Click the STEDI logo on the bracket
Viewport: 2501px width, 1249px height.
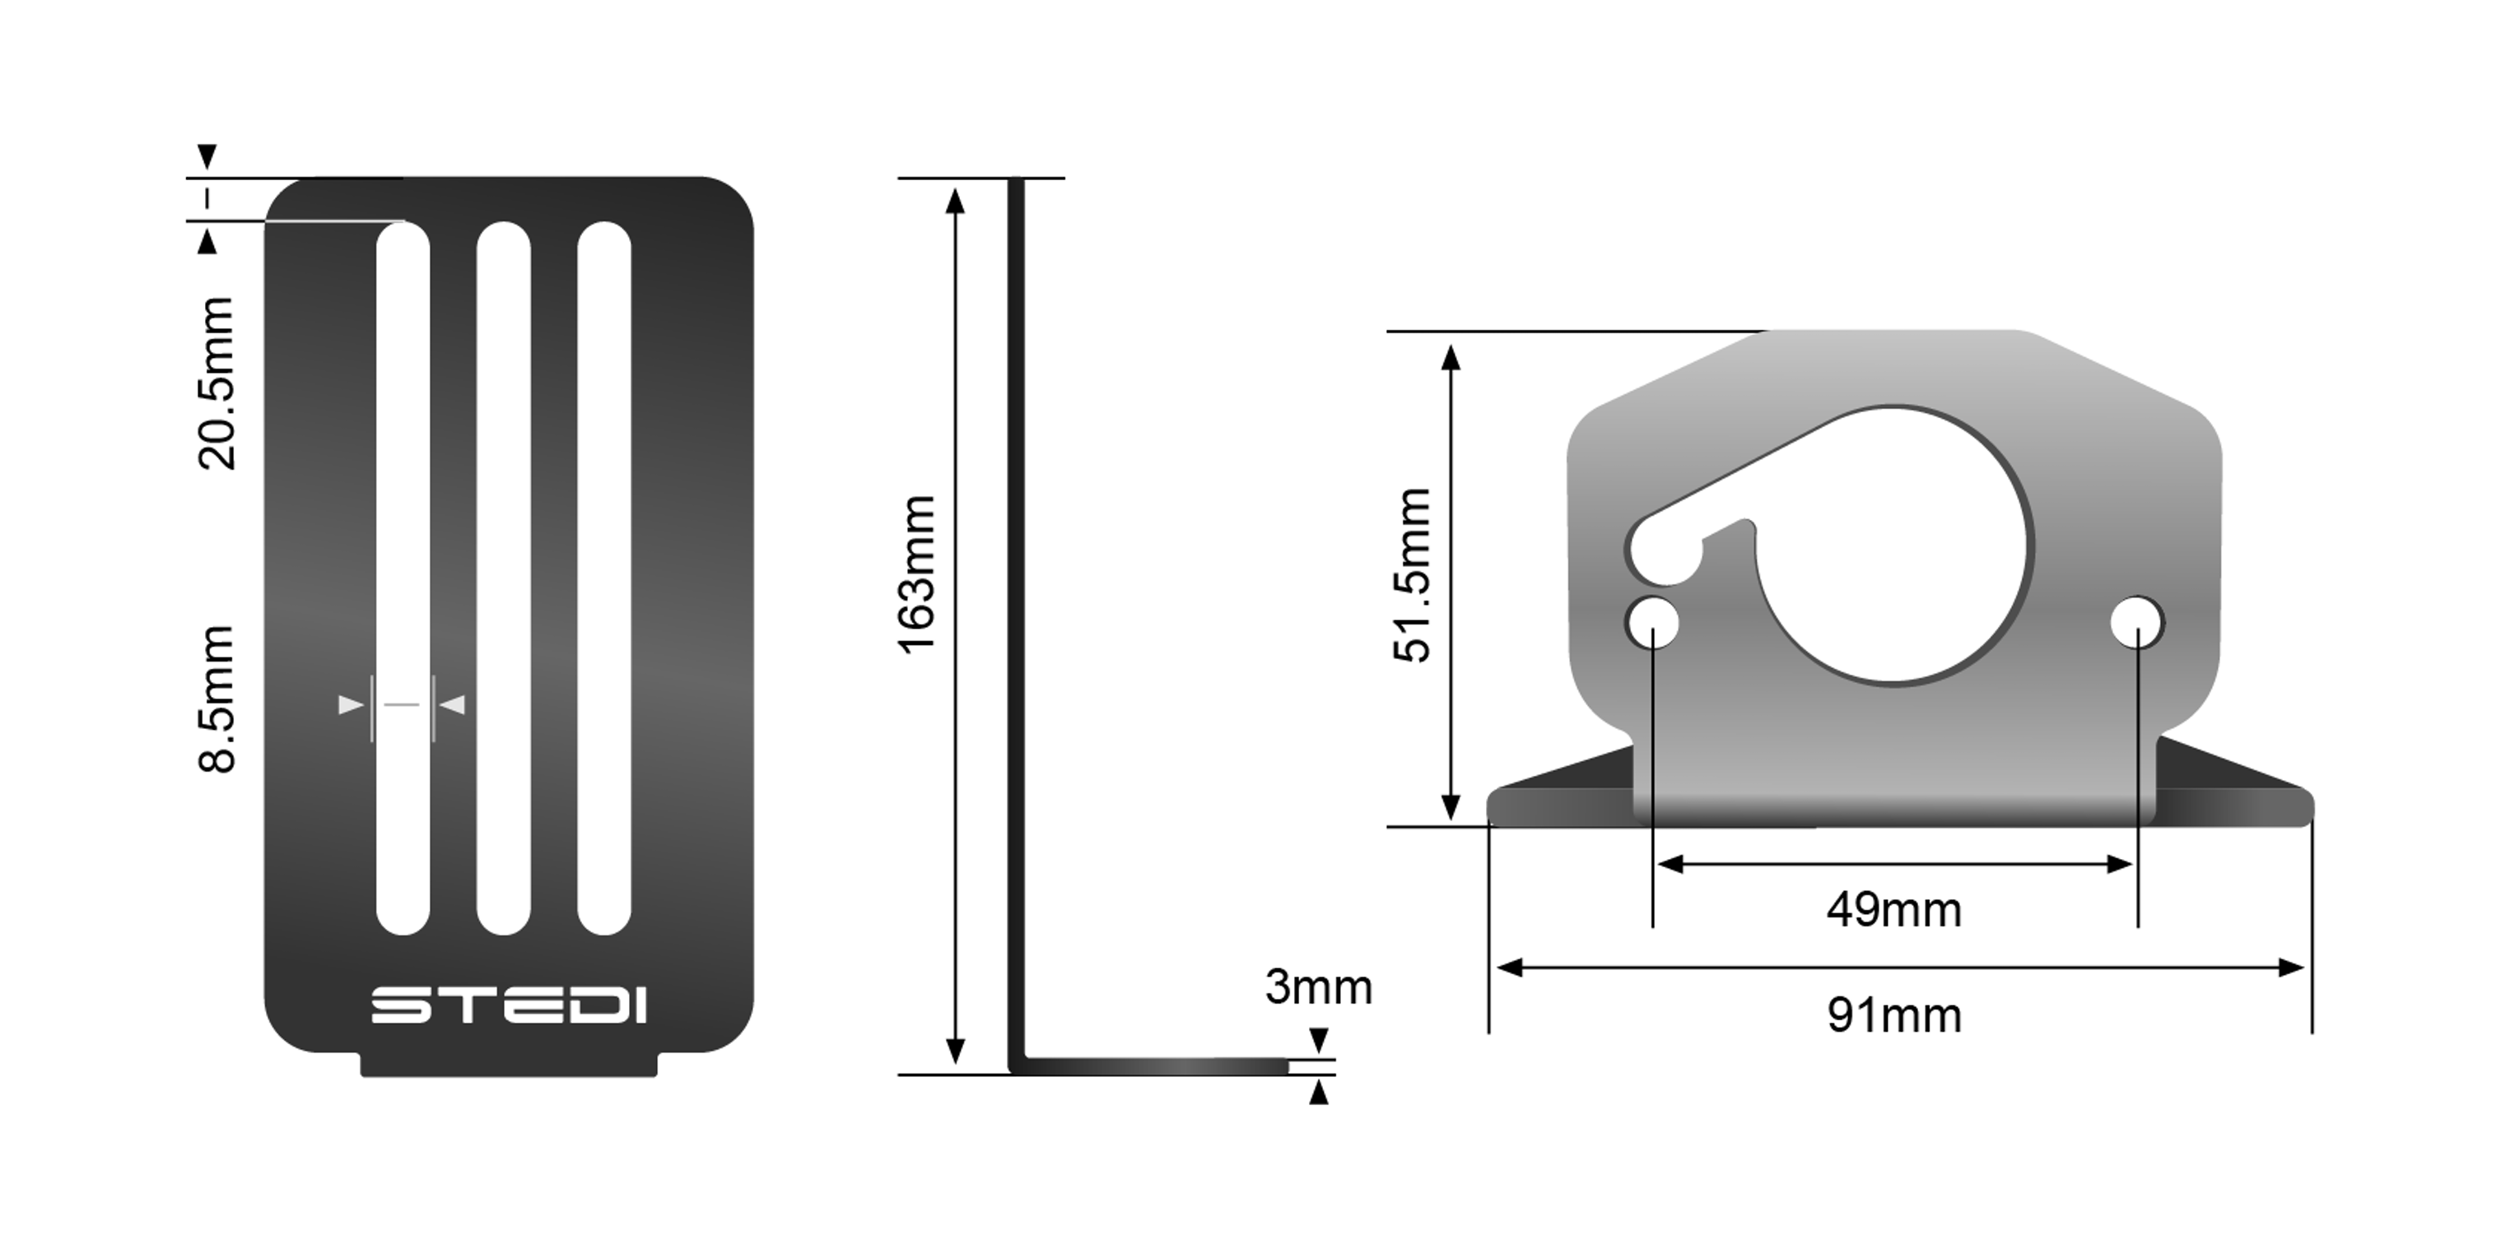[509, 1005]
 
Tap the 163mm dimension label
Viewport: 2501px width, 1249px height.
[917, 575]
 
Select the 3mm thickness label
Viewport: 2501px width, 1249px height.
[1317, 988]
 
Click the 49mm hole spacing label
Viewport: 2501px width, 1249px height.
[1893, 910]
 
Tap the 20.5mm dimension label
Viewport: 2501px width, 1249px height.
[217, 383]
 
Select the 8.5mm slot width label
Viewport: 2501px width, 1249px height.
[217, 699]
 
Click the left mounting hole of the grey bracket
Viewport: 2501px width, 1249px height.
[1652, 622]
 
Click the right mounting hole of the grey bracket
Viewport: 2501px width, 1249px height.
[2137, 622]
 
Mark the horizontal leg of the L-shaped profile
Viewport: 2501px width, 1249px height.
[1155, 1066]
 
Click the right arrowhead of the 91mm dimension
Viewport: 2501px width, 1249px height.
[2294, 968]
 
